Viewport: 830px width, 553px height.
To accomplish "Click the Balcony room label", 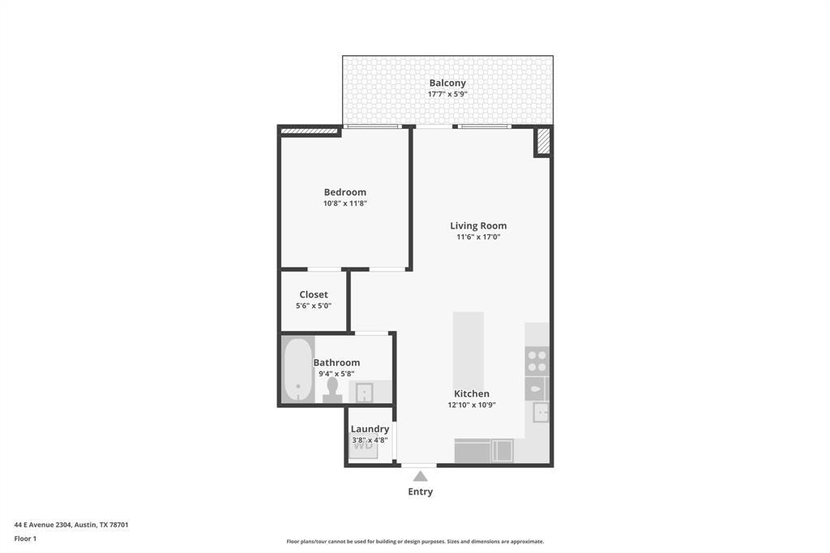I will click(x=447, y=83).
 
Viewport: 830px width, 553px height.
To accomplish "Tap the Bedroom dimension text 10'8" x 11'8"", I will click(x=345, y=204).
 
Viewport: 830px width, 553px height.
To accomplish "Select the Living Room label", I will click(x=478, y=225).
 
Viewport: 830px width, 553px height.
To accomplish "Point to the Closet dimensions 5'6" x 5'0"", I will click(x=313, y=306).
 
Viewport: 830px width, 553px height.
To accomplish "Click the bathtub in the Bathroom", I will click(x=297, y=370).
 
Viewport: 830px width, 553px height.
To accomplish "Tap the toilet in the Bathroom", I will click(x=332, y=390).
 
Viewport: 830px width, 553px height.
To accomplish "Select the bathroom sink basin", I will click(x=365, y=392).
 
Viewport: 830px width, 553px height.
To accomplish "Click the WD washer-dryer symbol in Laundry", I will click(x=363, y=444).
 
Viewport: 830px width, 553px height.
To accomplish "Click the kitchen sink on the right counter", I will click(x=541, y=412).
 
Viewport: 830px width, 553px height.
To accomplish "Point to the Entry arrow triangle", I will click(x=420, y=477).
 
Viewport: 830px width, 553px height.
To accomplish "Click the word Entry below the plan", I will click(x=420, y=491).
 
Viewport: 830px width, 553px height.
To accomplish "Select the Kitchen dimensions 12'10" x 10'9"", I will click(x=472, y=405).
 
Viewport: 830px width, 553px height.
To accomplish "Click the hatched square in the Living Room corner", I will click(x=543, y=141).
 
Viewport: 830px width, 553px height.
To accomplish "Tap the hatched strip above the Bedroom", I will click(x=309, y=130).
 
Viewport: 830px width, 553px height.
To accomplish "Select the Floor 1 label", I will click(x=25, y=538).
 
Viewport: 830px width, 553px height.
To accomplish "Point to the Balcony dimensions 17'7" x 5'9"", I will click(x=447, y=94).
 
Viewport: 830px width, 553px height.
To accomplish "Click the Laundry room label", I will click(x=370, y=429).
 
